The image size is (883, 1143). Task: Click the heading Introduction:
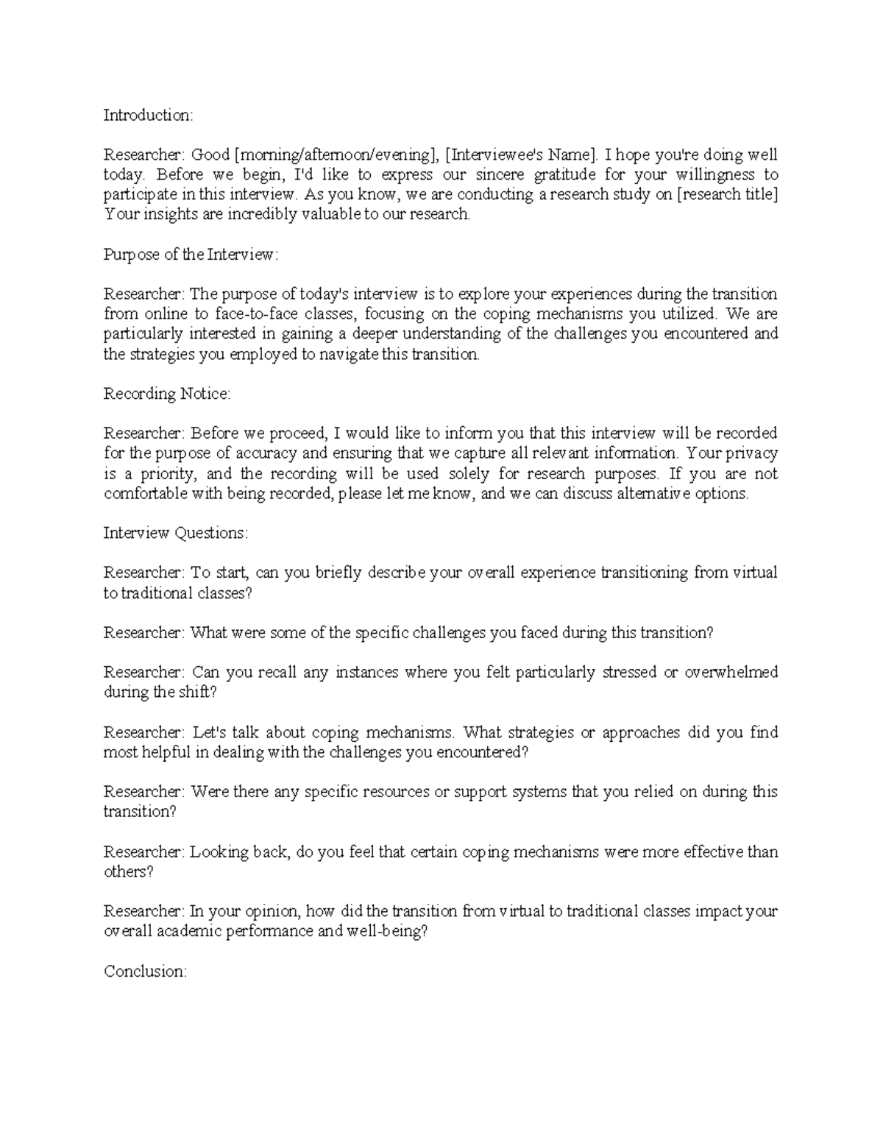click(x=148, y=115)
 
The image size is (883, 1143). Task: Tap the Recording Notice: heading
click(x=167, y=394)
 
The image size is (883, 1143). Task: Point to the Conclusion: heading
click(x=145, y=972)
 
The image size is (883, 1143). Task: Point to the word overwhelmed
click(x=731, y=673)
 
